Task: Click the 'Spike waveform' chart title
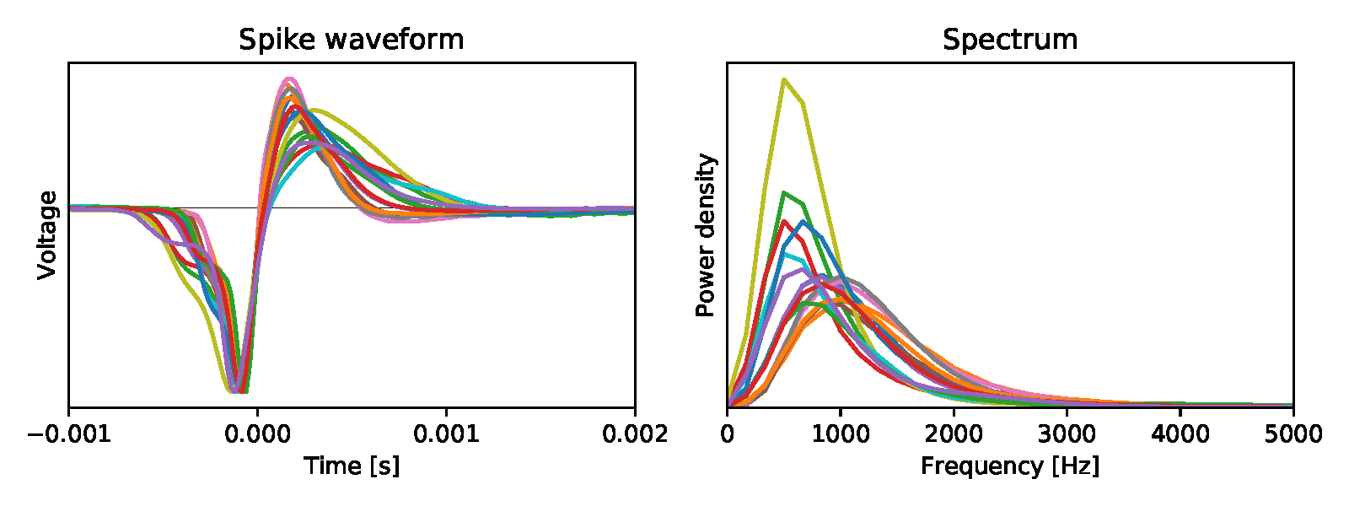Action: tap(351, 40)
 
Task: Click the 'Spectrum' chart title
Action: tap(1009, 40)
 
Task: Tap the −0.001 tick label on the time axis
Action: tap(68, 434)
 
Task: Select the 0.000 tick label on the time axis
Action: tap(257, 434)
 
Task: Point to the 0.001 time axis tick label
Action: tap(446, 434)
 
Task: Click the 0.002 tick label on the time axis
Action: tap(634, 434)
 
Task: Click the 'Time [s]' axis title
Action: tap(351, 466)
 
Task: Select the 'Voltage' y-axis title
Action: tap(47, 234)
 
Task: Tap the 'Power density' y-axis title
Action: tap(706, 234)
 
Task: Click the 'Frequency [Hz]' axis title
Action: tap(1009, 466)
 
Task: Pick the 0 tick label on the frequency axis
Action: tap(727, 434)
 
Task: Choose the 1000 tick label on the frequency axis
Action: tap(840, 434)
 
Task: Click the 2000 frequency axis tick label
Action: tap(954, 434)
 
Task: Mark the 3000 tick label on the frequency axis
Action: tap(1067, 434)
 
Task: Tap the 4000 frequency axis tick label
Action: tap(1180, 434)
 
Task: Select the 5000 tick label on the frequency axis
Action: tap(1293, 434)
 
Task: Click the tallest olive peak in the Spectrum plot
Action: tap(784, 79)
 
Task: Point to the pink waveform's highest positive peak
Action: tap(288, 79)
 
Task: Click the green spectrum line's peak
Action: tap(784, 192)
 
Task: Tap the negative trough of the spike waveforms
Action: tap(236, 390)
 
